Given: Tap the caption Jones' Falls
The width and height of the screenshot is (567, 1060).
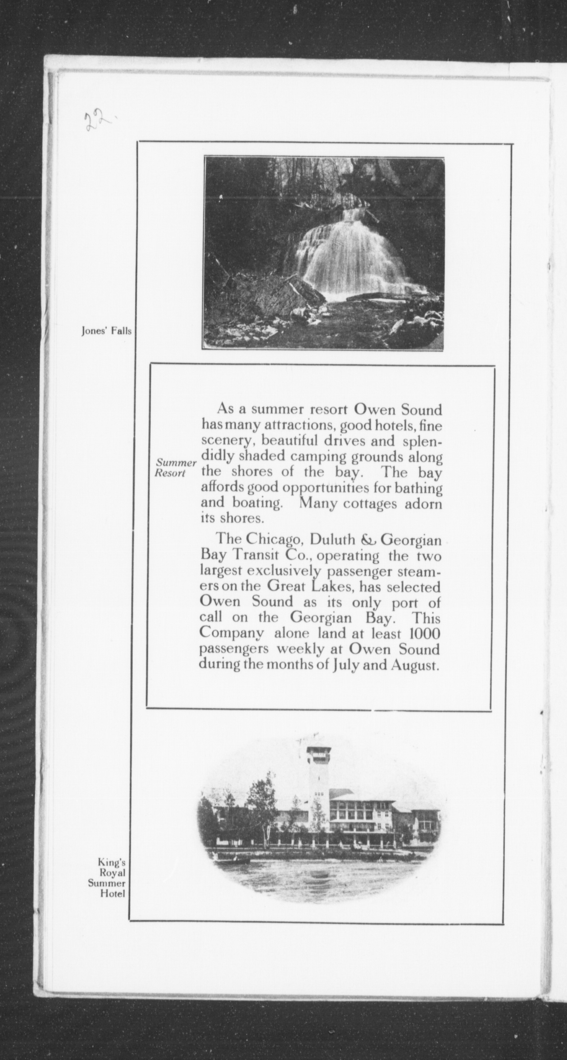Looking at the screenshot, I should click(106, 331).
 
